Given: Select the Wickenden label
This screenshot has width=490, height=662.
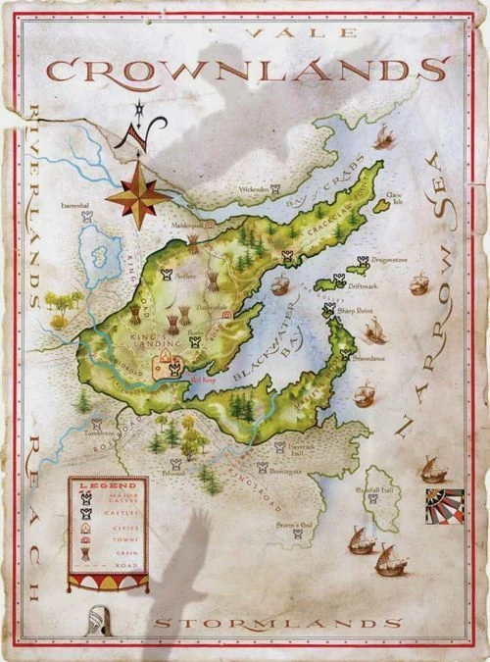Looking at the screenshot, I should tap(252, 188).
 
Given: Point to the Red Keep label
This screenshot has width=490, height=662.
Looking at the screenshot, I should tap(202, 375).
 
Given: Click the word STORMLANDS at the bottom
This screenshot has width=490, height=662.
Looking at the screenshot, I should tap(277, 622).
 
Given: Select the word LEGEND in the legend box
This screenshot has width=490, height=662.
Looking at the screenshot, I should tap(108, 484).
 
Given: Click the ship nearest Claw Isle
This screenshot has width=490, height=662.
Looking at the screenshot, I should tap(383, 139).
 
